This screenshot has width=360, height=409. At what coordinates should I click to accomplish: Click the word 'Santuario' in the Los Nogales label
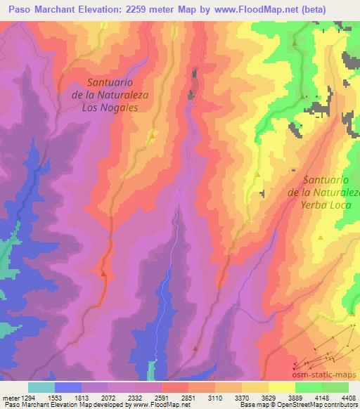(108, 82)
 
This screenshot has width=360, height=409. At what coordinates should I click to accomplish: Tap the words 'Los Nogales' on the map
(110, 108)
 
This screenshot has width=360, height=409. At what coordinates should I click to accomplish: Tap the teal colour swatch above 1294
(41, 387)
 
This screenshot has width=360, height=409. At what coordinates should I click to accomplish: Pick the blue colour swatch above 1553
(67, 387)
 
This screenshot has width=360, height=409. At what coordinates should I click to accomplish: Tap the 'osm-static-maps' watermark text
(328, 375)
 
